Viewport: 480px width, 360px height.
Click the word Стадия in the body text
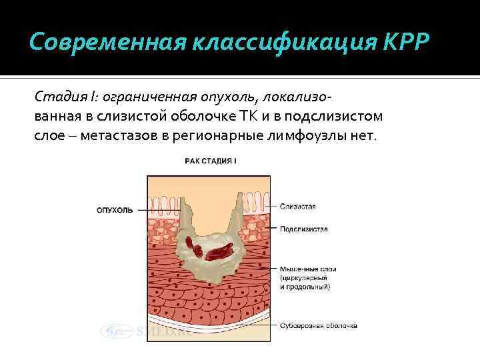(56, 97)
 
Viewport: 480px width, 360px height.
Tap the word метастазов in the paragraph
(104, 136)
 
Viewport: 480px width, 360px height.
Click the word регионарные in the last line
(215, 136)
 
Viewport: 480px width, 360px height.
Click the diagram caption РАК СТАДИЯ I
(211, 161)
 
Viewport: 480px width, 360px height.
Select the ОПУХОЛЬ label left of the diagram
(115, 210)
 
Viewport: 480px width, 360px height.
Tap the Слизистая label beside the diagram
(297, 207)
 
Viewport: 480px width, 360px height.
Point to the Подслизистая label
(303, 229)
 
